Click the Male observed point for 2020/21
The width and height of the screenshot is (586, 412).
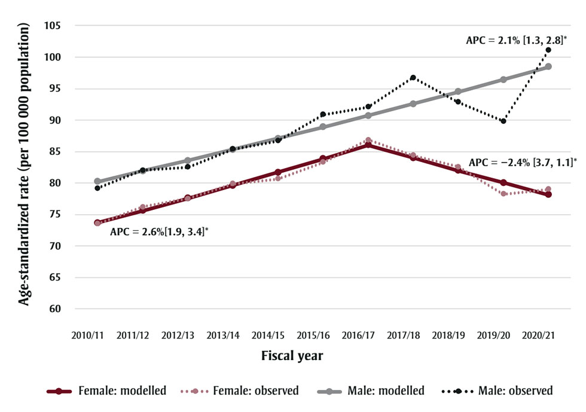point(548,50)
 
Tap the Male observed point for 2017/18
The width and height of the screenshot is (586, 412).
point(413,78)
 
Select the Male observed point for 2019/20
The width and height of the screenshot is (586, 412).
point(503,121)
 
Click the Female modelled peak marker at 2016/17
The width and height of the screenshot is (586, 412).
point(368,145)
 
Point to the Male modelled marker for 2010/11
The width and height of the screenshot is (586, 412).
point(97,181)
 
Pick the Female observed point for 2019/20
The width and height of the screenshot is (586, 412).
point(503,194)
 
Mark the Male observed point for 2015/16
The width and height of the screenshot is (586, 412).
point(323,114)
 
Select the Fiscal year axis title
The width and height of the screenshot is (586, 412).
point(292,356)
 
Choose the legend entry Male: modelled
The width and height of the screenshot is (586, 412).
point(371,391)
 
